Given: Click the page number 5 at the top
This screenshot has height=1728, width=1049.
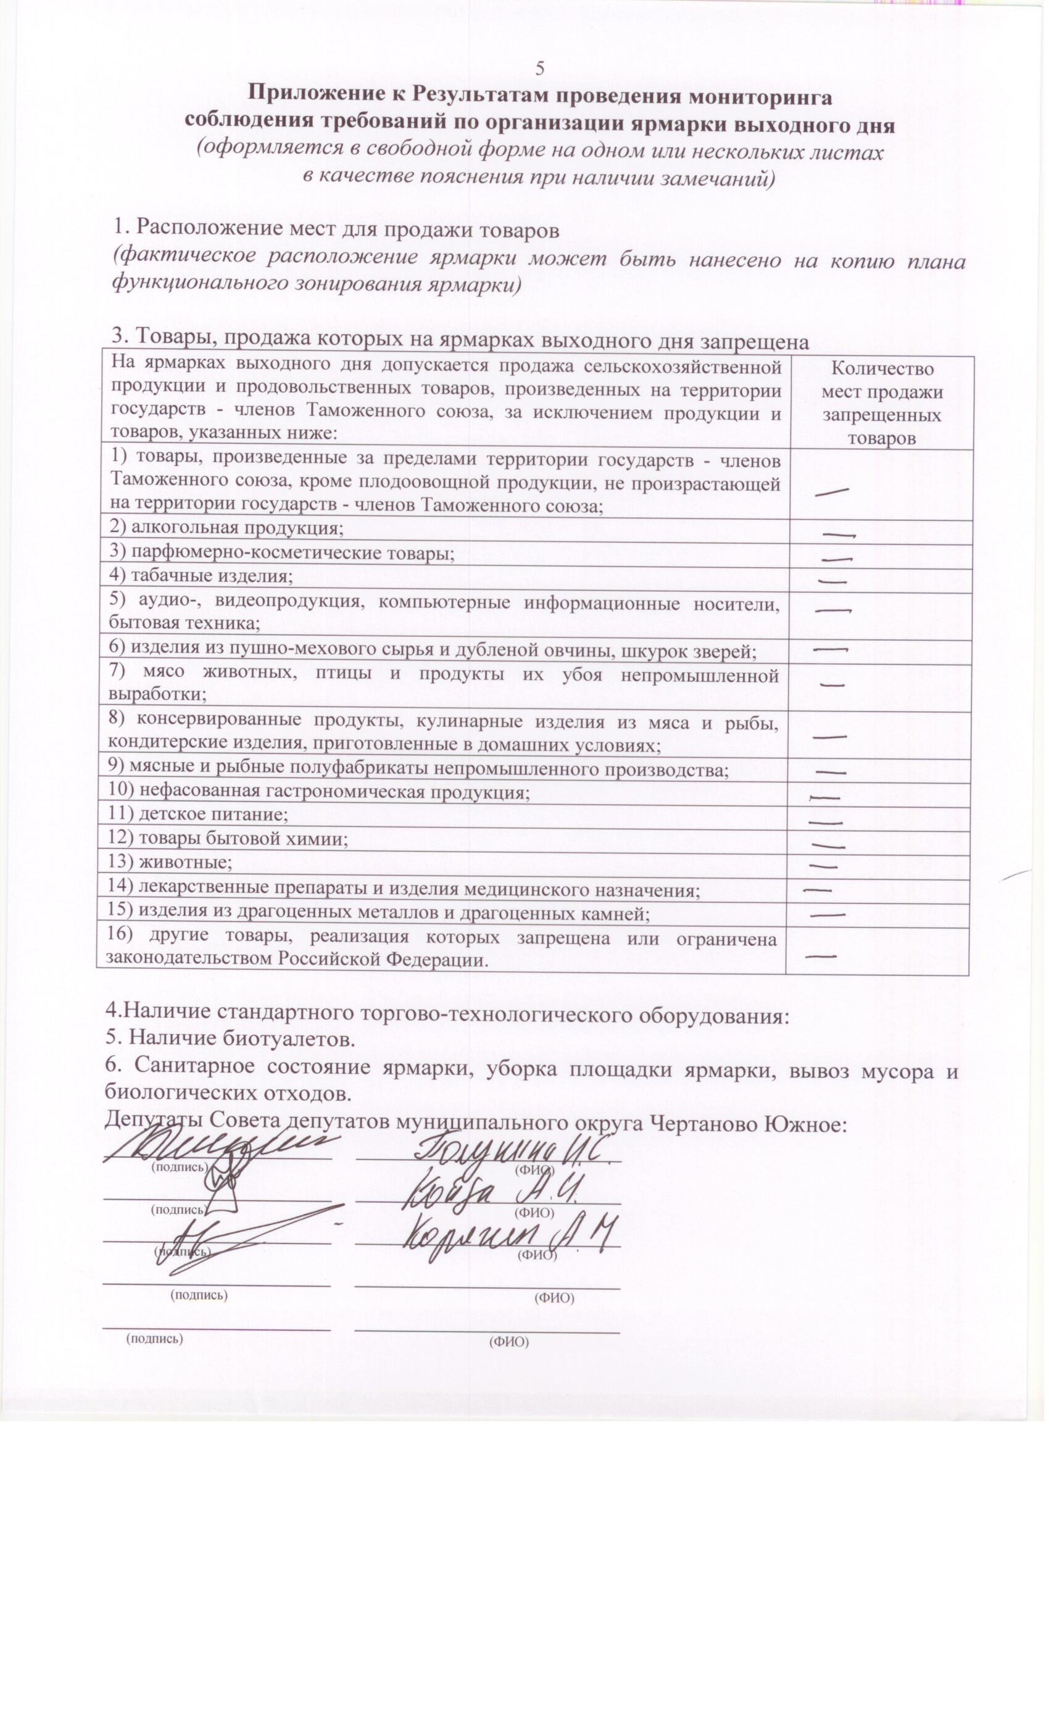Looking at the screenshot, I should click(x=540, y=68).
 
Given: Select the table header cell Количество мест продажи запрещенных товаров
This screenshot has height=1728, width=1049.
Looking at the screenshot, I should click(x=881, y=403).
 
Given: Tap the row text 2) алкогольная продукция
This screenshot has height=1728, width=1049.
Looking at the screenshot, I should click(x=226, y=528).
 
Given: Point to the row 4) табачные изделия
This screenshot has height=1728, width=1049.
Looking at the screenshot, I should click(x=201, y=576).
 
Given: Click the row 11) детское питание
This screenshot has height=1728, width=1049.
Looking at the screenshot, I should click(x=197, y=815).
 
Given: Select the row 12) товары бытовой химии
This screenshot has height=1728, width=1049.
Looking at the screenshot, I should click(x=228, y=839).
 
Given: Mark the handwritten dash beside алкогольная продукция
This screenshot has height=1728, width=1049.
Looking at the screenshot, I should click(x=839, y=535).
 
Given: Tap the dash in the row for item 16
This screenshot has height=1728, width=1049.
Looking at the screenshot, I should click(x=821, y=957).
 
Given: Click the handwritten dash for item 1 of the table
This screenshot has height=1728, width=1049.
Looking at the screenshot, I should click(x=832, y=492).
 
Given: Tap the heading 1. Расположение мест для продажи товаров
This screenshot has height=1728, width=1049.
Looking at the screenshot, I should click(x=336, y=228).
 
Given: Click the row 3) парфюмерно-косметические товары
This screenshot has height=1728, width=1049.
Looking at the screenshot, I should click(x=282, y=552).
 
